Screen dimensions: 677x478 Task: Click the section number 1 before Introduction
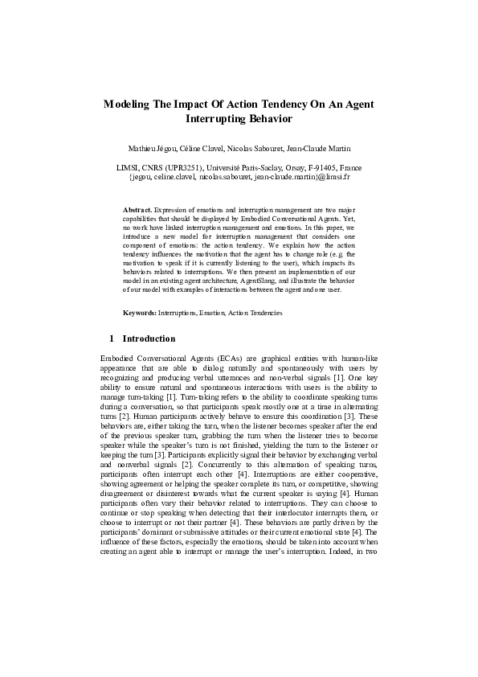(x=111, y=338)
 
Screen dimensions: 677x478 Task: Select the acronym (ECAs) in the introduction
(x=208, y=358)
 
